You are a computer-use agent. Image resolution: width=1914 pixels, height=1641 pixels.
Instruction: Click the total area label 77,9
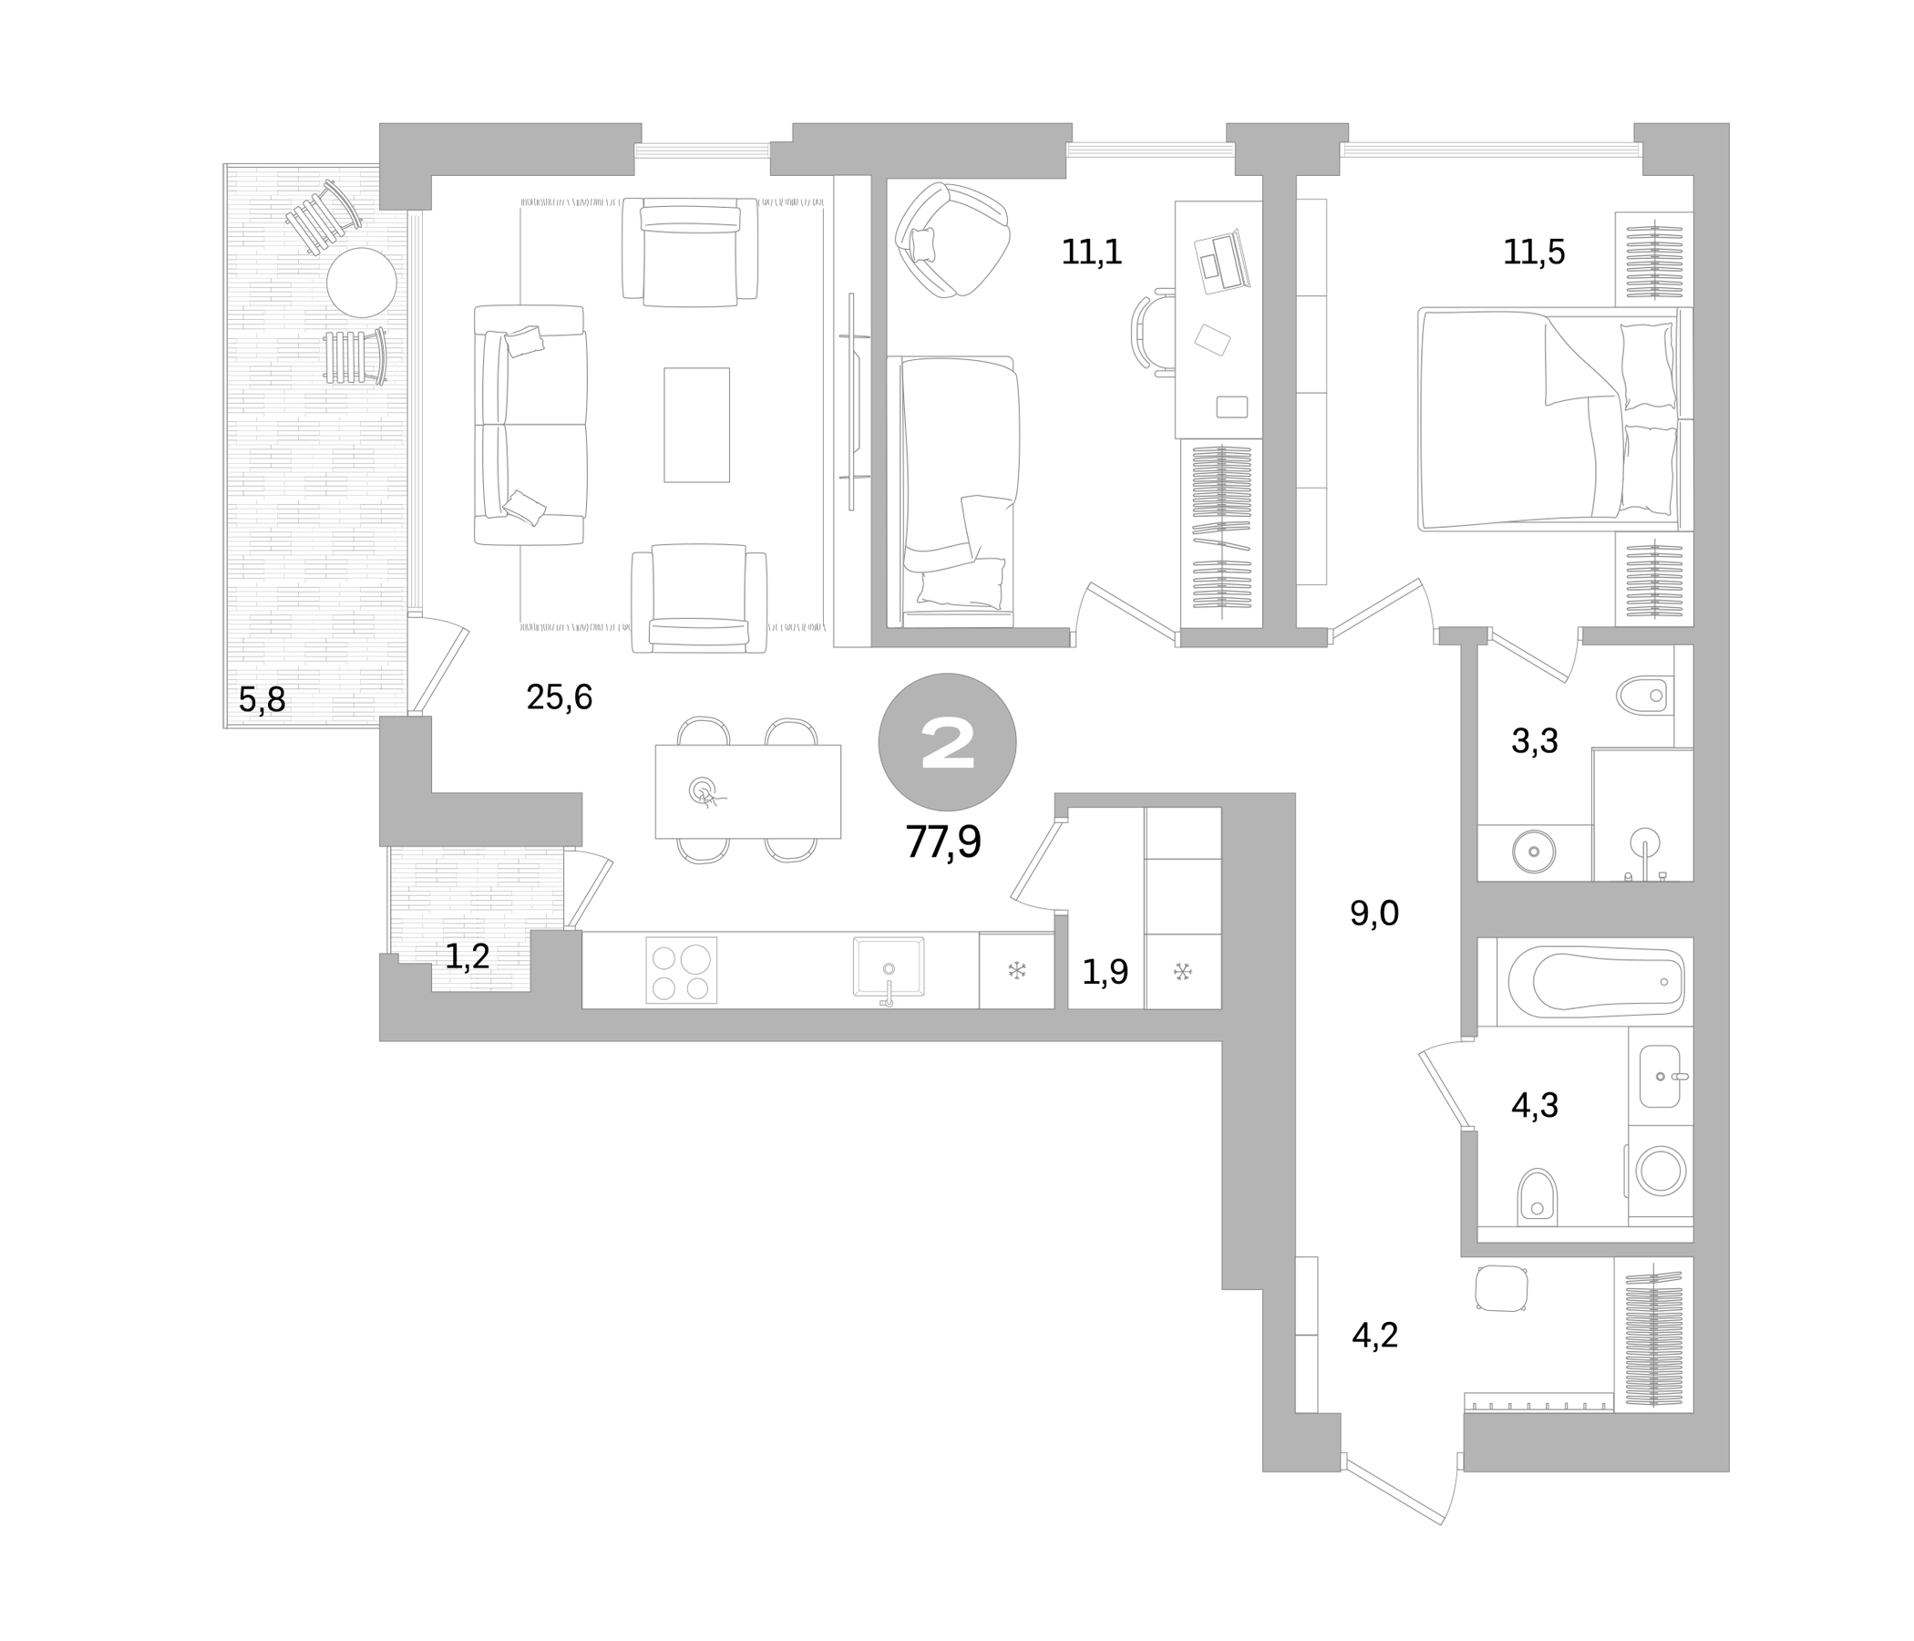[942, 841]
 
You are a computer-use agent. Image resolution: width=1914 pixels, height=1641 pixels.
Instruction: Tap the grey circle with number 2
[947, 742]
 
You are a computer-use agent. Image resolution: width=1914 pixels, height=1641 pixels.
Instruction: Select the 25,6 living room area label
[559, 697]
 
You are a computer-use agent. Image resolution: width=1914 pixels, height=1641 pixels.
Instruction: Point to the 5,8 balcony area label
[262, 700]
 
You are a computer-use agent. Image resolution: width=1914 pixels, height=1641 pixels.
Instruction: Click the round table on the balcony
[361, 283]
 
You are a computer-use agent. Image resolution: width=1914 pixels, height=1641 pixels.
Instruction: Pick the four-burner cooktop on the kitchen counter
[681, 970]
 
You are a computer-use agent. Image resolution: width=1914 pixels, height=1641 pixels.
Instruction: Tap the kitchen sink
[889, 967]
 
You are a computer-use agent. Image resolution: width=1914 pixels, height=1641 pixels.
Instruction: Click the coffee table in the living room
[696, 425]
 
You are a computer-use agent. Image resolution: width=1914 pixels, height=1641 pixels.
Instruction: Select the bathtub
[1595, 982]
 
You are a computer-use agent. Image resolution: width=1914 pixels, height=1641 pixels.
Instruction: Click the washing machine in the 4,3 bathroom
[1661, 1171]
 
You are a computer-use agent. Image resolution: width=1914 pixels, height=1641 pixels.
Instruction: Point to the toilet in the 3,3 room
[1645, 695]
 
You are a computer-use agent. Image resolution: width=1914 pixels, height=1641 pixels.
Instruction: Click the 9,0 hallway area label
[1374, 913]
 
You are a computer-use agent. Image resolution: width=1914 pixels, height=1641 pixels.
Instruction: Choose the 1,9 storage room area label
[1105, 972]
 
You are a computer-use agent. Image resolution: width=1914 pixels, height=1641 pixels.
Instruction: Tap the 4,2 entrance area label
[1374, 1337]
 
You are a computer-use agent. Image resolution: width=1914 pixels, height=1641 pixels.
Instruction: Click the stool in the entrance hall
[1501, 1288]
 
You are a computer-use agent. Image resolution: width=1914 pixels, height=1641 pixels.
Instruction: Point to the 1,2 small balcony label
[468, 957]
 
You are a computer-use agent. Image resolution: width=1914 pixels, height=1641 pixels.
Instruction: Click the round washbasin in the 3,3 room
[1533, 851]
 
